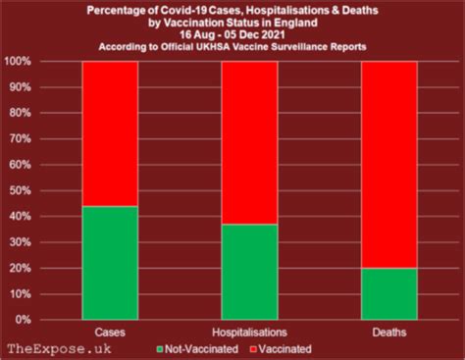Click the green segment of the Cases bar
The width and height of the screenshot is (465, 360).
coord(109,263)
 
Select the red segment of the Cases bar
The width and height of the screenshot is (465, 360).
coord(109,133)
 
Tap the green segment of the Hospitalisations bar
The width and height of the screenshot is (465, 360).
coord(250,272)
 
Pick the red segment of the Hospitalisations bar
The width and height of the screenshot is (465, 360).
coord(250,142)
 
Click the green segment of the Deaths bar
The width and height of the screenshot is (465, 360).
coord(391,293)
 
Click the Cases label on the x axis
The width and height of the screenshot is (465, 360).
coord(109,331)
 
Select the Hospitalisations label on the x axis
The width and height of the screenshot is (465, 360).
coord(250,331)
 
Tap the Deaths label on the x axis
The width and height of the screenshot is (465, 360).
coord(391,331)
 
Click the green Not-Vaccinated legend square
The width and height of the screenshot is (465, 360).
coord(161,347)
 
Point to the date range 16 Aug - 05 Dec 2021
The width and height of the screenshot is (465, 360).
coord(233,34)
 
